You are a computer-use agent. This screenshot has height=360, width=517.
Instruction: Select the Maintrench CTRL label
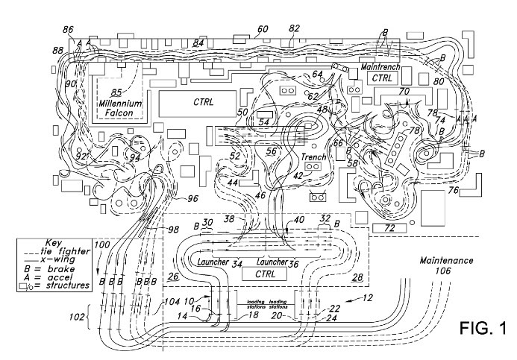click(382, 72)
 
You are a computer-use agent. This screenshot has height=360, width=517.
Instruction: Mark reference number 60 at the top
click(262, 30)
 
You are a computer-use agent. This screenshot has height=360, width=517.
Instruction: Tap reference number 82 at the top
click(294, 28)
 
